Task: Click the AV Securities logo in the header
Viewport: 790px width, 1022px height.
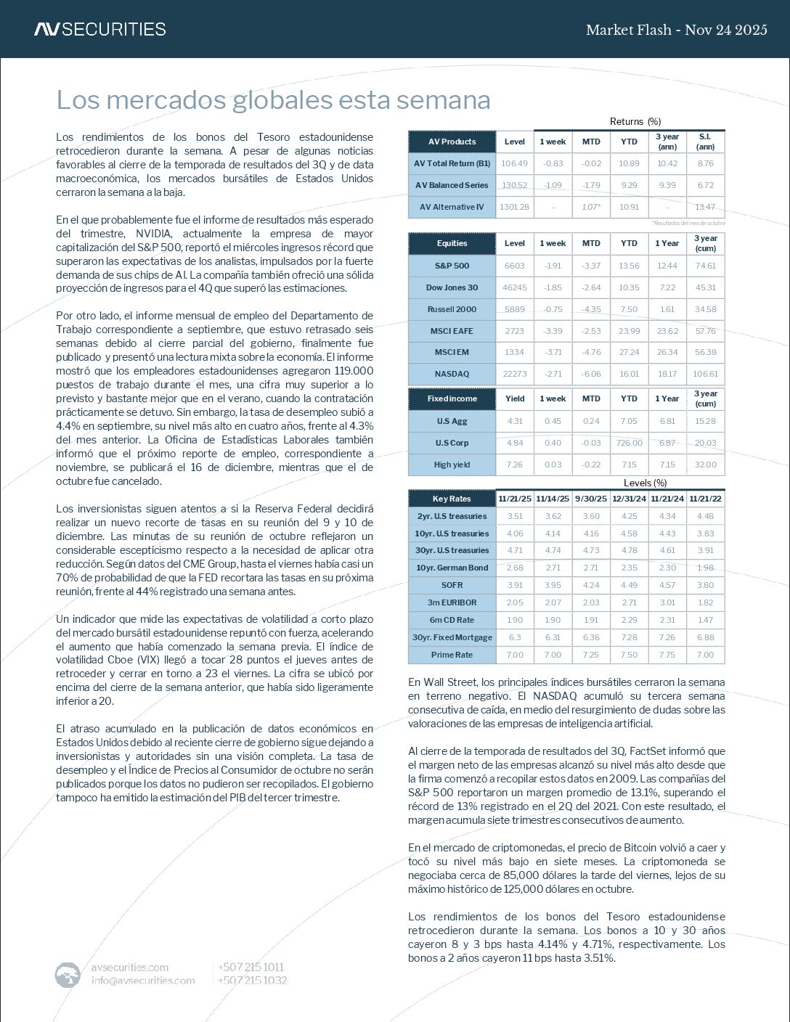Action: (100, 29)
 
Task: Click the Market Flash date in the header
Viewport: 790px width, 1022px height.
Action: (676, 30)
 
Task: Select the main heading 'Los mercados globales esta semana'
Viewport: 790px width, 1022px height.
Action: (273, 100)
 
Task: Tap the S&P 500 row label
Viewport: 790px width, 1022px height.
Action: (452, 266)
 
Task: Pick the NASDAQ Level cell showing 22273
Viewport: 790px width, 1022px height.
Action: (514, 374)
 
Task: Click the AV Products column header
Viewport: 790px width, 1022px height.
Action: (452, 142)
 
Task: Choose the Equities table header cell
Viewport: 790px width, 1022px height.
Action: (452, 243)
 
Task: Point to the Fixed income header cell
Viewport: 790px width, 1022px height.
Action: (452, 398)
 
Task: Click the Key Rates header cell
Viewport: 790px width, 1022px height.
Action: (452, 499)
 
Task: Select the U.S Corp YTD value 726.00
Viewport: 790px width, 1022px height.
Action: (629, 443)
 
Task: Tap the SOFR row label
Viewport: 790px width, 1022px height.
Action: (452, 585)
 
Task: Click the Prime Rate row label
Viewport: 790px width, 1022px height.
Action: (452, 655)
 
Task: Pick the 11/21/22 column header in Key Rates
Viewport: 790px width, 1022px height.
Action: (705, 499)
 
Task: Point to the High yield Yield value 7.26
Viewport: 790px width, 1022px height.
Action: (514, 465)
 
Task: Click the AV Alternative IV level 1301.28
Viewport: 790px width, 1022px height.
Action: (514, 207)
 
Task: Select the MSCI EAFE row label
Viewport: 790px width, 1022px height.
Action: (452, 331)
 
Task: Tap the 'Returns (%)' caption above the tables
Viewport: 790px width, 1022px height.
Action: (635, 121)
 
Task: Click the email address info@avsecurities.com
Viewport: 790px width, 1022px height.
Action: (143, 981)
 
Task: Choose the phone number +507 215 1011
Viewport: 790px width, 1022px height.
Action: (251, 967)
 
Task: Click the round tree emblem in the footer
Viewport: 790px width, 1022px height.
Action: (68, 974)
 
